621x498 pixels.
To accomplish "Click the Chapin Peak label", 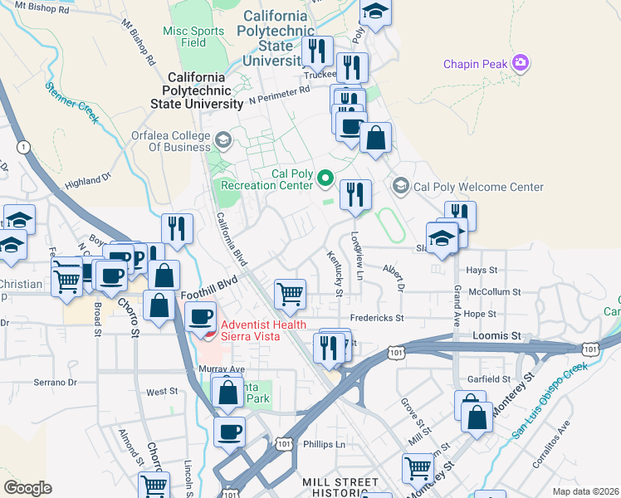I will [475, 64].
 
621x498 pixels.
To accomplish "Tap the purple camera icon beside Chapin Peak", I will [521, 62].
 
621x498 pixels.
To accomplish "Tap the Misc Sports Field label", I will [194, 36].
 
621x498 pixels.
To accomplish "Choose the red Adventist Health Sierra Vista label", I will [262, 330].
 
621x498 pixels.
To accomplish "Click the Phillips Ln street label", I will [323, 444].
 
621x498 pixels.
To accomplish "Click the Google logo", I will [27, 487].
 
